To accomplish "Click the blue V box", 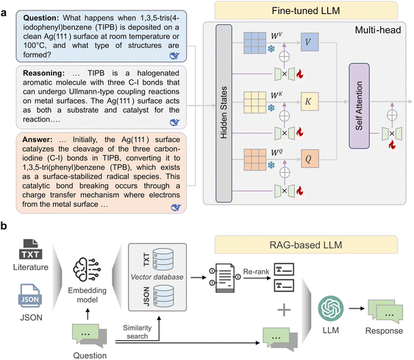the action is click(x=310, y=42).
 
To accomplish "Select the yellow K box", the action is click(x=310, y=102).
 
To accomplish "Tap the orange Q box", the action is click(x=310, y=158).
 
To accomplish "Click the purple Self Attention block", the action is click(x=359, y=106).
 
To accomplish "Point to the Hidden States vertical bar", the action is click(x=224, y=113).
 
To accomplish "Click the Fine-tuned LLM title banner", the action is click(x=306, y=10).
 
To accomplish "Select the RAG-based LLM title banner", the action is click(x=306, y=244).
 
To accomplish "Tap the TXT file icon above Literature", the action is click(x=31, y=250).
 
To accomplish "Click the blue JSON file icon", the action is click(x=30, y=296).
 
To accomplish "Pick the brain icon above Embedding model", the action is click(x=87, y=269).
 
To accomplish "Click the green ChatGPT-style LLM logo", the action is click(x=331, y=308).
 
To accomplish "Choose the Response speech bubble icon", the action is click(x=385, y=312).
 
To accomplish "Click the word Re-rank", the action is click(x=256, y=272).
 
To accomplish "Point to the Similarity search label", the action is click(x=137, y=332).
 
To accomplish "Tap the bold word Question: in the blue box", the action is click(x=41, y=18).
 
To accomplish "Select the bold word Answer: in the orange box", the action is click(x=38, y=140).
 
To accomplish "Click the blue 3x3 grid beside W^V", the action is click(x=254, y=43).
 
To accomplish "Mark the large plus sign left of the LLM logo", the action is click(x=284, y=310).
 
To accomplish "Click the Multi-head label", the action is click(x=378, y=30).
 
